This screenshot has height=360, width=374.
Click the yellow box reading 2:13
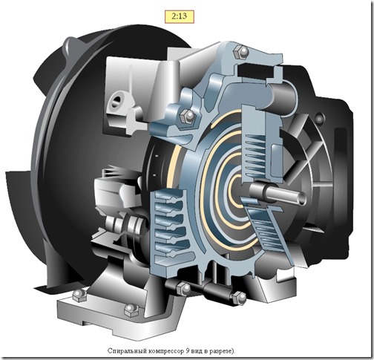(180, 16)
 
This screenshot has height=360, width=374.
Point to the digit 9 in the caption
(188, 350)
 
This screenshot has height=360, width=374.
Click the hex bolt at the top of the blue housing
(241, 52)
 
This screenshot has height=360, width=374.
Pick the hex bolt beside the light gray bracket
(188, 115)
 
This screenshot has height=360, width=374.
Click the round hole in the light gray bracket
(117, 100)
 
